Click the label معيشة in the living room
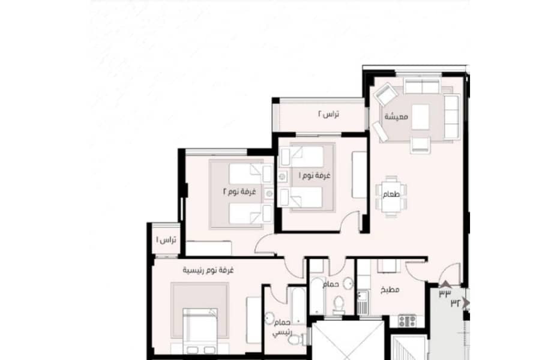[396, 117]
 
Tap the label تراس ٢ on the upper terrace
[328, 114]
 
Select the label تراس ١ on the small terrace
[166, 240]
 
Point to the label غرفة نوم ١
[315, 176]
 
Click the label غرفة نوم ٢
[239, 191]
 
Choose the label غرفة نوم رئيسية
[208, 271]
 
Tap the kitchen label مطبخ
[390, 290]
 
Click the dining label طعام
[391, 194]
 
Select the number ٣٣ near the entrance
[445, 293]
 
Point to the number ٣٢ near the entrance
[455, 303]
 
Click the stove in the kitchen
[407, 321]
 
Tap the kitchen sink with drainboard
[362, 302]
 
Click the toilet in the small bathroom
[338, 306]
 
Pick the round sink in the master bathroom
[269, 318]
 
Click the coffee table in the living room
[420, 117]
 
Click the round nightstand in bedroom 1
[283, 176]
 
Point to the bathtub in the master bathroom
[297, 307]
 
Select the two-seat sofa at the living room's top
[422, 86]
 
